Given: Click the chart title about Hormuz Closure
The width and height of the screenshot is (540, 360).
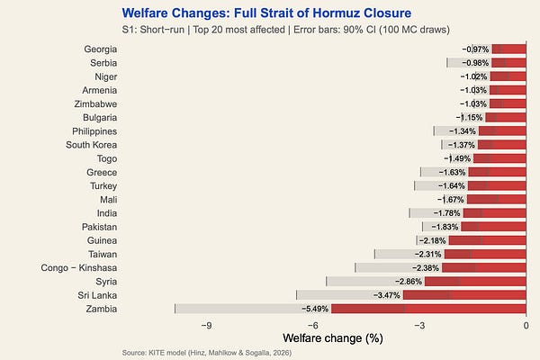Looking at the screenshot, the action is point(266,13).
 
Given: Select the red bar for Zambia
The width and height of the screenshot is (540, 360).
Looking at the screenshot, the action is point(428,309).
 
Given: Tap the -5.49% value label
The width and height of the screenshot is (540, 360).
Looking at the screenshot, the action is point(315,309).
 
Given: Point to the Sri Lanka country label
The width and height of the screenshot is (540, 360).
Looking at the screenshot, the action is point(97,295).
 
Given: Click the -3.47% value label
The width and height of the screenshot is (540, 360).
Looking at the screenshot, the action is point(387,295).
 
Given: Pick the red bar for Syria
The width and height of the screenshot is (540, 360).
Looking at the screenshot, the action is point(475,282).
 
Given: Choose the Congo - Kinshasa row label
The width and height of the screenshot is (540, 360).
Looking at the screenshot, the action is point(79,267).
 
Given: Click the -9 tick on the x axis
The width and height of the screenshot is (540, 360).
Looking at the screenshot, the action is point(206,326).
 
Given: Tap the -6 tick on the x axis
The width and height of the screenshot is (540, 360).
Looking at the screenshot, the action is point(312,326).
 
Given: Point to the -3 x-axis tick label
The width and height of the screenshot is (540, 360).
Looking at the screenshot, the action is point(419,326).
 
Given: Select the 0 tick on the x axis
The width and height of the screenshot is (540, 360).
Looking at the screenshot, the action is point(526,326).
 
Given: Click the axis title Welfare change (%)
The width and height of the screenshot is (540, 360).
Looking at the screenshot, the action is point(333,338).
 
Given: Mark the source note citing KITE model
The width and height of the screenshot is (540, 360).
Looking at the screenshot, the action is point(207,353).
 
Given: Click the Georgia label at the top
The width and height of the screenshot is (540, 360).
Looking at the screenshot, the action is point(101,49).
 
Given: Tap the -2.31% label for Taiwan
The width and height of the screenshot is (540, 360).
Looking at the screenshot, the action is point(428,254).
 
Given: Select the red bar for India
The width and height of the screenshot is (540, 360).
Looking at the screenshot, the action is point(494,213).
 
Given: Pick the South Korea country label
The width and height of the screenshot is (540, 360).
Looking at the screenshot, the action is point(91,145).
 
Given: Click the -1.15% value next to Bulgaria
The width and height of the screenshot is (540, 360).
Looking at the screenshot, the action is point(470,118).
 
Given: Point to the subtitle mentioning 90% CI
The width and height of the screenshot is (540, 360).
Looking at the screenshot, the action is point(286,30).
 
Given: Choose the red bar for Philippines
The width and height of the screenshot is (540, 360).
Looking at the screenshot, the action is point(502,131).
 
